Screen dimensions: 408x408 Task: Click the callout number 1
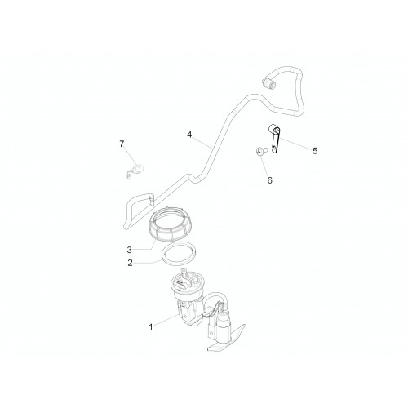click(151, 326)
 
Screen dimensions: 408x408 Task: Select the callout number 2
click(130, 263)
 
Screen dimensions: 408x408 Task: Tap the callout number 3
click(130, 250)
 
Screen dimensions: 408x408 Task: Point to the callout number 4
click(189, 135)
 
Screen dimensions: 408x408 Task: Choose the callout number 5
click(315, 151)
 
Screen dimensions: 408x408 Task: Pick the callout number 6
click(269, 180)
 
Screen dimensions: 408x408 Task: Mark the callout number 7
click(122, 144)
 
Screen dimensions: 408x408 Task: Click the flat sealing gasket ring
click(179, 255)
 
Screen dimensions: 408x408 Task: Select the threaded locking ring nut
click(170, 224)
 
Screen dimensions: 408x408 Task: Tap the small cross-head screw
click(260, 151)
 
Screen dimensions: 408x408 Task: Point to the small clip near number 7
click(135, 171)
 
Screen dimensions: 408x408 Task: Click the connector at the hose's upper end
click(268, 82)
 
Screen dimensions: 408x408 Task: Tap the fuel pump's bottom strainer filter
click(226, 339)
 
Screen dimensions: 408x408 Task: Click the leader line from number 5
click(295, 144)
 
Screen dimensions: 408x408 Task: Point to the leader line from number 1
click(166, 320)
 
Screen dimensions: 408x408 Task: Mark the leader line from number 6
click(264, 165)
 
